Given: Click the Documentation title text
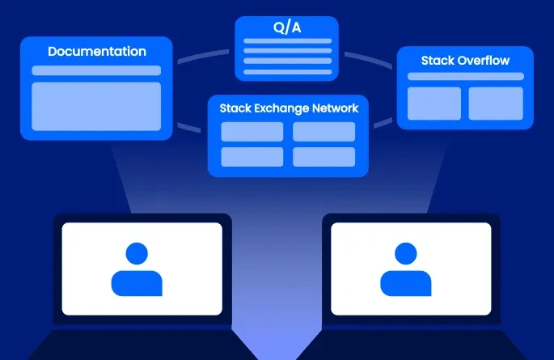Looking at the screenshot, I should [97, 52].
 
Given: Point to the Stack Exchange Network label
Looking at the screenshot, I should [289, 108].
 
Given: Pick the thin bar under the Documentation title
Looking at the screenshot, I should [96, 70].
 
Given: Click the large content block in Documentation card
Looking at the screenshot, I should [96, 106].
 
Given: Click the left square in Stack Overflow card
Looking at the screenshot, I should [434, 103].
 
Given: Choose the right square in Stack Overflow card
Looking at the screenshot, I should [496, 103].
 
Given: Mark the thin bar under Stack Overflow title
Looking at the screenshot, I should [465, 76].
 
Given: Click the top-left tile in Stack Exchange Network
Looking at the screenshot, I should [252, 131].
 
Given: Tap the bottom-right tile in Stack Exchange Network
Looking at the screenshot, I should [324, 156].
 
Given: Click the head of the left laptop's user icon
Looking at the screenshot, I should [137, 253].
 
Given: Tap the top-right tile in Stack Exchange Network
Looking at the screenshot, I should [324, 131].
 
